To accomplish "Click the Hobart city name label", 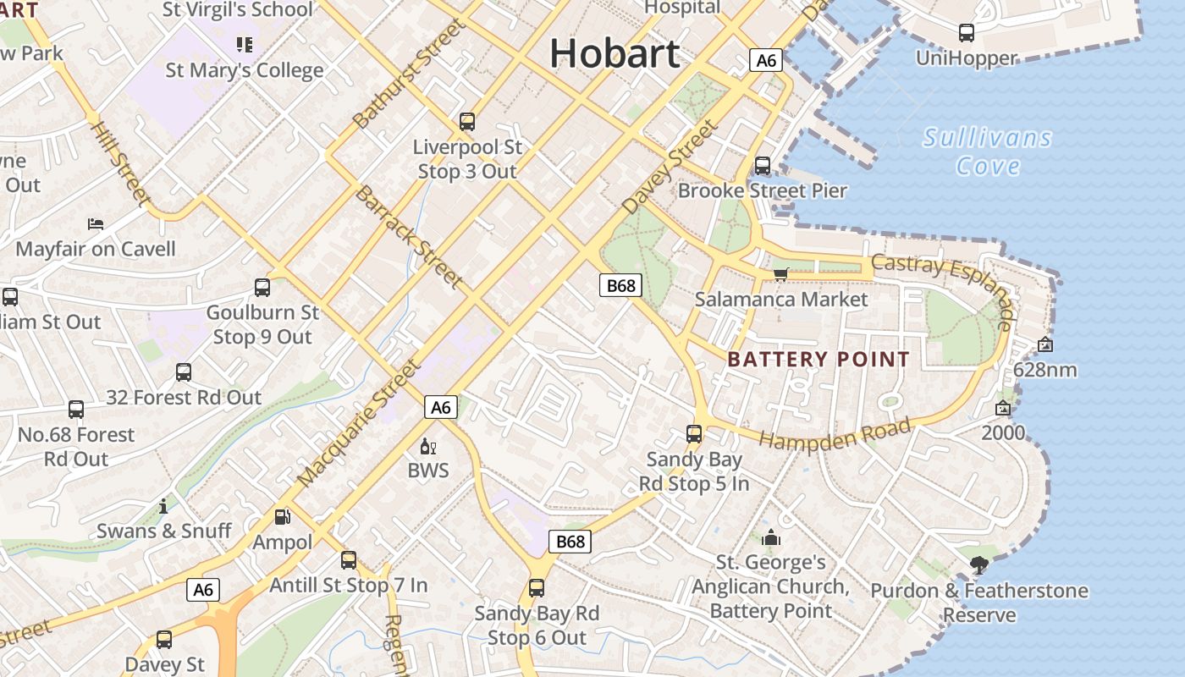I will click(x=615, y=53).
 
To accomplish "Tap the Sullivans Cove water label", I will click(x=988, y=151).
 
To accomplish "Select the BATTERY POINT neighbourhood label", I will click(x=818, y=359).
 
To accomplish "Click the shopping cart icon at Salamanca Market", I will click(x=780, y=273).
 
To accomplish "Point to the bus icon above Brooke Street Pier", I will click(x=763, y=165).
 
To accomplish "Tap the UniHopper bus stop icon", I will click(x=966, y=33).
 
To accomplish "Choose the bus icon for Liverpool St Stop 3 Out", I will click(x=467, y=121).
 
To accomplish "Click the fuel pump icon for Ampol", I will click(x=282, y=516).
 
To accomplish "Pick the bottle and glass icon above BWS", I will click(x=427, y=446).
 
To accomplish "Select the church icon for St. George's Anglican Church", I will click(x=770, y=537).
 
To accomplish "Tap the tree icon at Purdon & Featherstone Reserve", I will click(x=979, y=564).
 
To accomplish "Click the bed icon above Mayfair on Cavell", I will click(x=96, y=224).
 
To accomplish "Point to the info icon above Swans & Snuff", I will click(x=163, y=506).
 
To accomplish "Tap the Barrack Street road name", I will click(x=409, y=236).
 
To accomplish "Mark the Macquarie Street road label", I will click(x=359, y=423).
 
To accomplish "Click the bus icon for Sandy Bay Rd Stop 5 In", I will click(x=694, y=434).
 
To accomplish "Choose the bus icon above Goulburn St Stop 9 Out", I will click(x=262, y=288).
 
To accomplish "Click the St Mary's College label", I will click(x=245, y=69).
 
